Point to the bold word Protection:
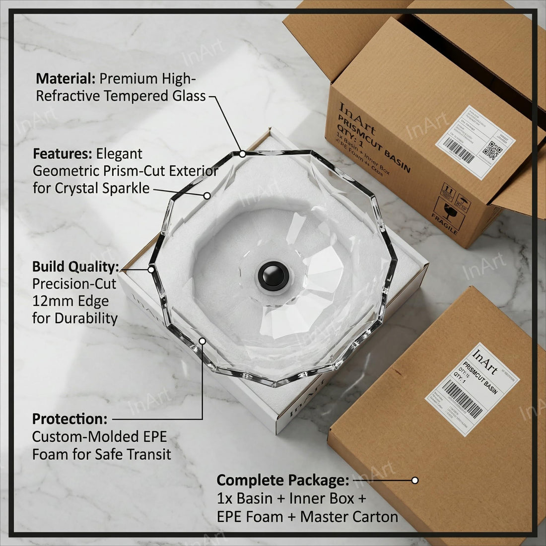69,419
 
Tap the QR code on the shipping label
493,149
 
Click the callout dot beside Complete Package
415,480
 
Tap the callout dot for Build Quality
151,269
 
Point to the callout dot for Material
242,154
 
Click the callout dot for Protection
203,341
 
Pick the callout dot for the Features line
207,196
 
